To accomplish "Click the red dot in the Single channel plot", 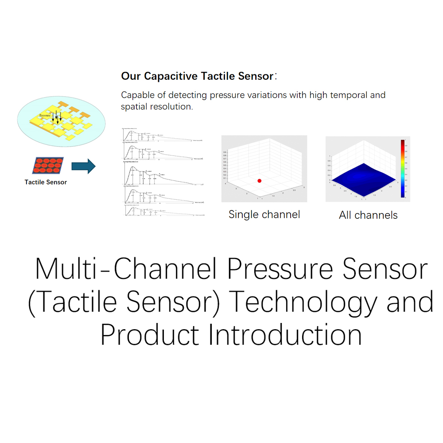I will (x=260, y=181).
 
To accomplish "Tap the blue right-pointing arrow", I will (x=83, y=166).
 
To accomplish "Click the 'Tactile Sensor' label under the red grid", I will (x=46, y=182).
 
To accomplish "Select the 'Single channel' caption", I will (x=264, y=214).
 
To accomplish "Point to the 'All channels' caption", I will (x=368, y=215).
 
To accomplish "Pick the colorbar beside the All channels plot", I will (x=402, y=168).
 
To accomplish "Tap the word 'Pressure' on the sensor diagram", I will (x=45, y=115).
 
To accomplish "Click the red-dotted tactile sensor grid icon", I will (x=47, y=165).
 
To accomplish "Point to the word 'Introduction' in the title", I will (x=285, y=335).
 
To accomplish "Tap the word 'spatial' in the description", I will (x=134, y=107).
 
